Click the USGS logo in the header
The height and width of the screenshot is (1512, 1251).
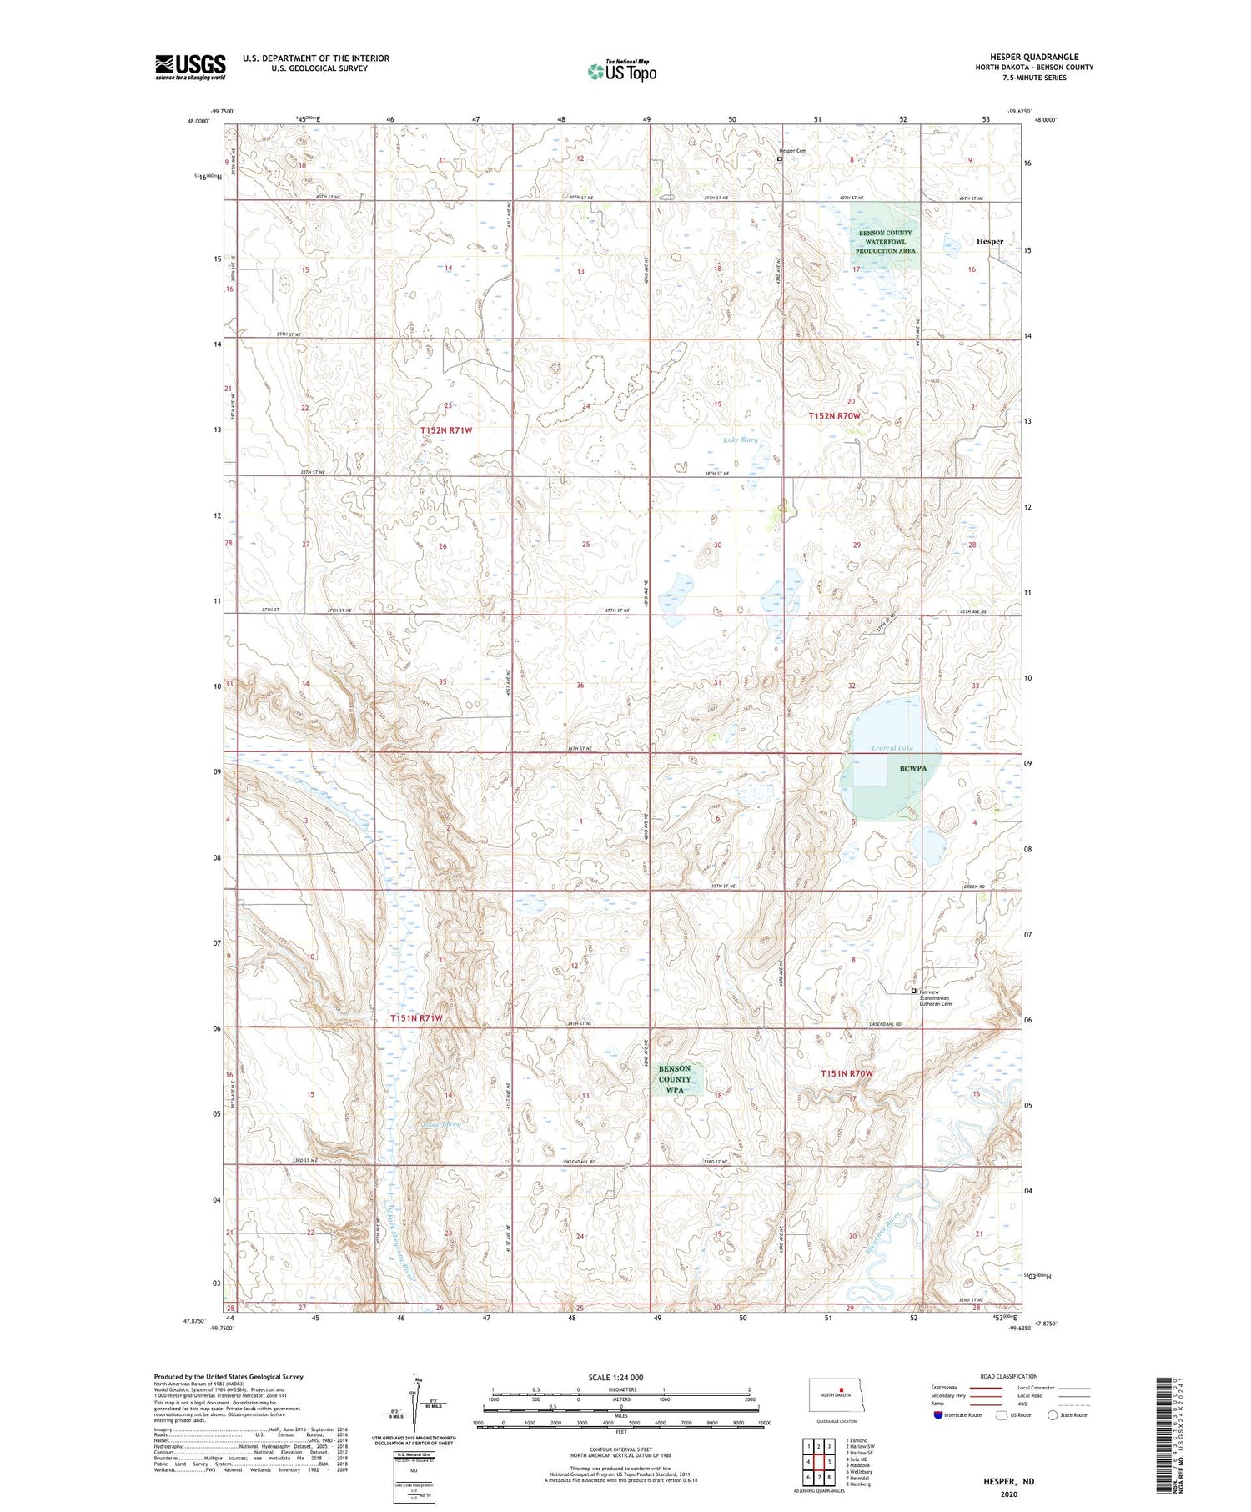point(190,67)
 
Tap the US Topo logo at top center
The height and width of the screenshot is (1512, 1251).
point(621,71)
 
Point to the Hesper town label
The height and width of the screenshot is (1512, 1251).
point(990,241)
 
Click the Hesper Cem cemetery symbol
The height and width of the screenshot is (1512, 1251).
point(780,158)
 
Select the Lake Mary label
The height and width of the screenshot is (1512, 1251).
point(740,440)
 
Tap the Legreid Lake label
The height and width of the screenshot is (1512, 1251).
point(892,748)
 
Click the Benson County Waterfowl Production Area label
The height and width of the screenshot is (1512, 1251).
point(885,242)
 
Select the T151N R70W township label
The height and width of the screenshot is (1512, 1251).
point(847,1073)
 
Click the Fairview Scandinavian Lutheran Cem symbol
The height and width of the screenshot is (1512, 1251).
point(914,991)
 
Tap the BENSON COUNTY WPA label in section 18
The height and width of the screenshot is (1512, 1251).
point(675,1079)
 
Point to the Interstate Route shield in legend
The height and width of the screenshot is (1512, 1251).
point(938,1415)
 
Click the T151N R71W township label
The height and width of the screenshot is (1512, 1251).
point(416,1018)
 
